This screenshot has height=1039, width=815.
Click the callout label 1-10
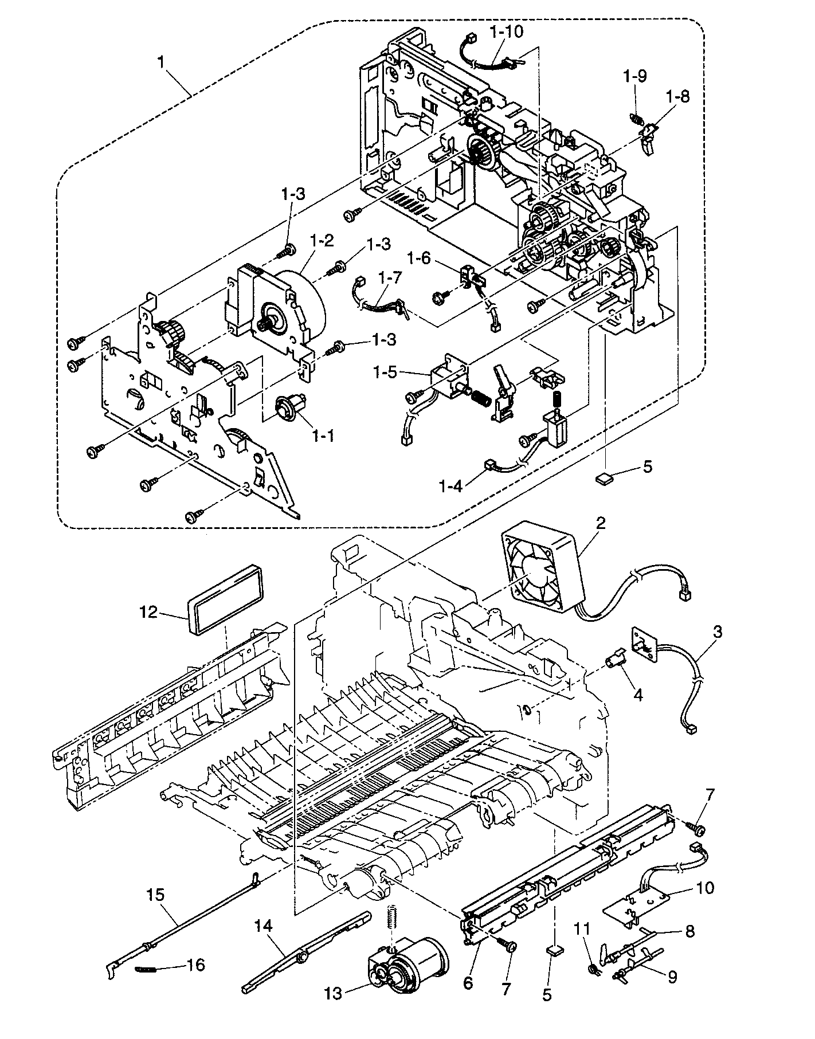coord(507,32)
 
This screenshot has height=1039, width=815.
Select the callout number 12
coord(147,613)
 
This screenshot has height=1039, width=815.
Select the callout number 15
coord(155,895)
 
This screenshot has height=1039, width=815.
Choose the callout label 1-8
coord(678,96)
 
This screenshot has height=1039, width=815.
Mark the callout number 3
coord(718,632)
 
